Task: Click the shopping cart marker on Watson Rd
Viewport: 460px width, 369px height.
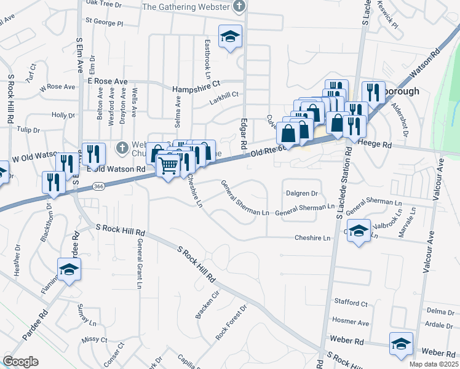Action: click(x=169, y=165)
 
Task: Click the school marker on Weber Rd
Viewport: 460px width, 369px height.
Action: click(x=401, y=344)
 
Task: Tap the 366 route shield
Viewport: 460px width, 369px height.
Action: click(x=97, y=185)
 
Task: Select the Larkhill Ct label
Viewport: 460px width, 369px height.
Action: click(x=222, y=94)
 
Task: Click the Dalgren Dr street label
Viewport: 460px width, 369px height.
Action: click(x=301, y=193)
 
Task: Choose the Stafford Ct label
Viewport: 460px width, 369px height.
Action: click(x=351, y=303)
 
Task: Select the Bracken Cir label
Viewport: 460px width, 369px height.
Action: click(x=207, y=304)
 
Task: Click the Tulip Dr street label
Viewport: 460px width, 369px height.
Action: click(x=28, y=130)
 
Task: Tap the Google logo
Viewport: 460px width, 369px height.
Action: click(x=20, y=362)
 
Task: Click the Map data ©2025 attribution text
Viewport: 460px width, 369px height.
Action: click(x=433, y=364)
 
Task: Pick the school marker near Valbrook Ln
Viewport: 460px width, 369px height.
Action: click(x=359, y=231)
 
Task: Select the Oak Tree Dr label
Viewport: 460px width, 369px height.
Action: click(x=104, y=4)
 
